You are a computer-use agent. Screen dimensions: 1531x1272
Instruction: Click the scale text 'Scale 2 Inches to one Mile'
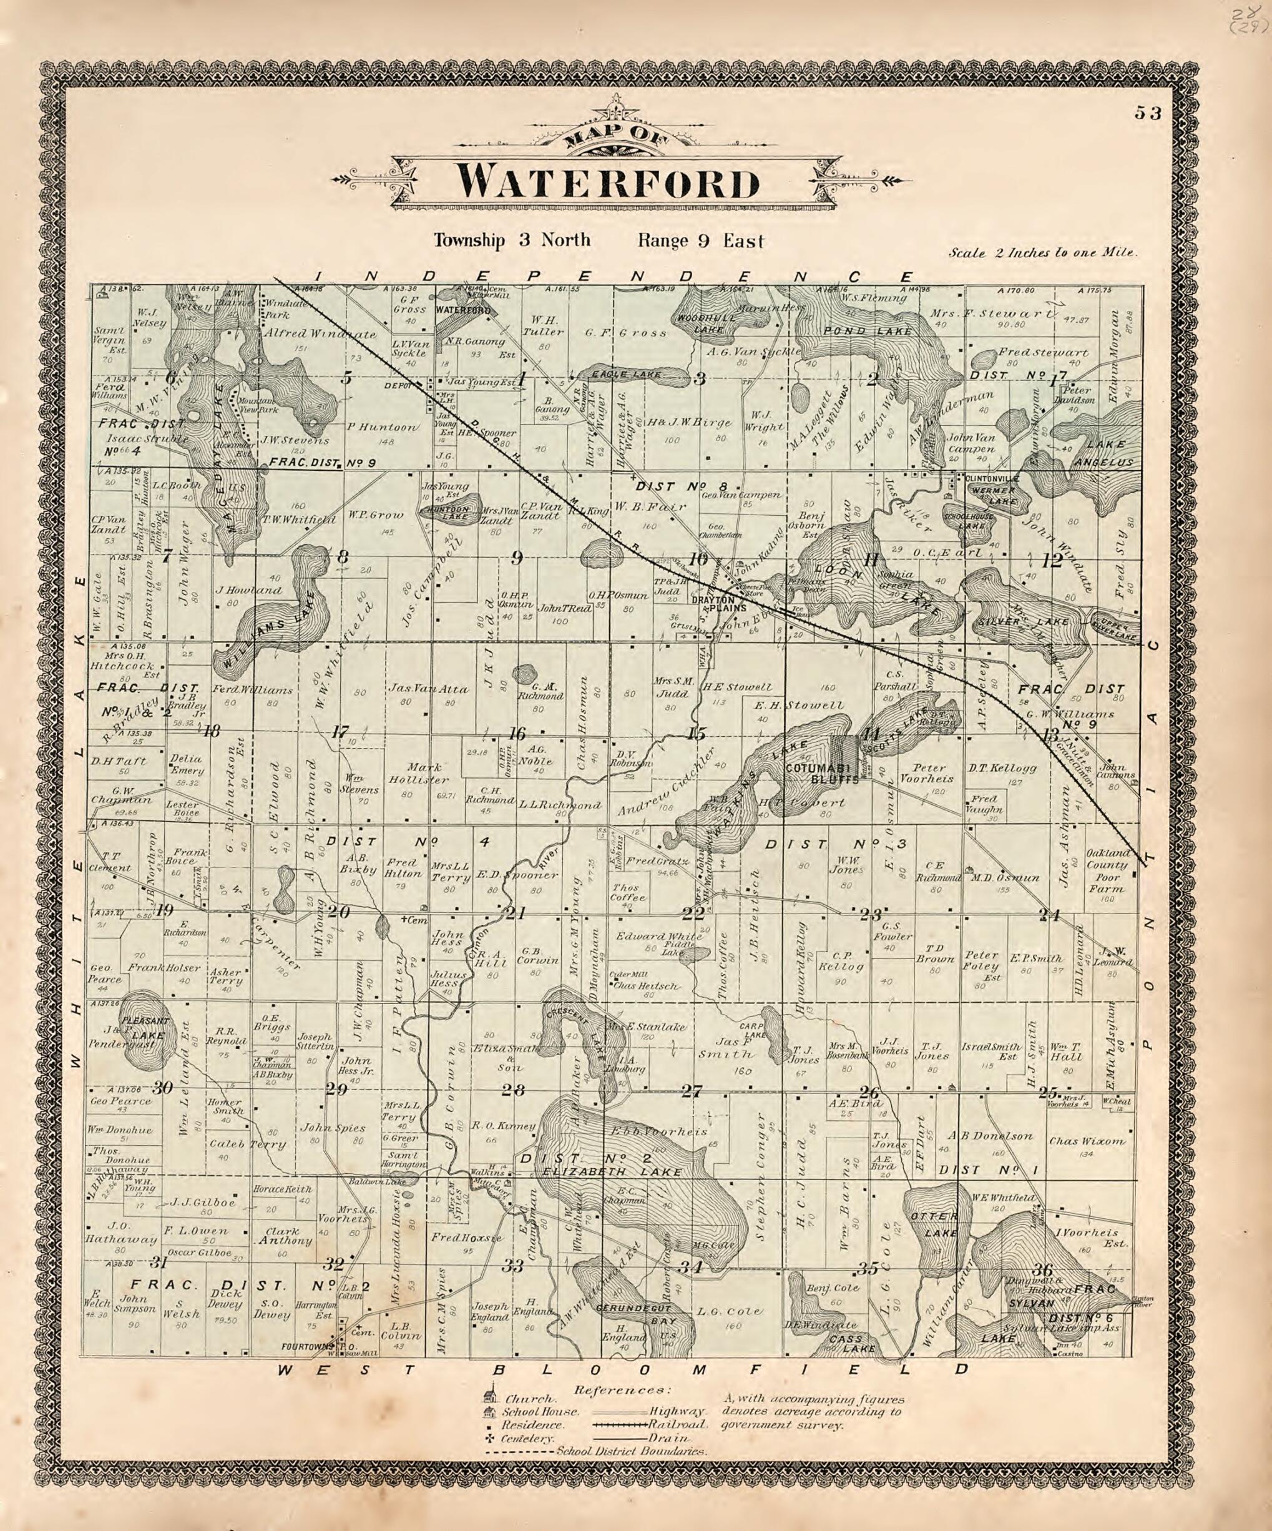pyautogui.click(x=1042, y=253)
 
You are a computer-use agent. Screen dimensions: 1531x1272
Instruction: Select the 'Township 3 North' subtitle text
pyautogui.click(x=512, y=240)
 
